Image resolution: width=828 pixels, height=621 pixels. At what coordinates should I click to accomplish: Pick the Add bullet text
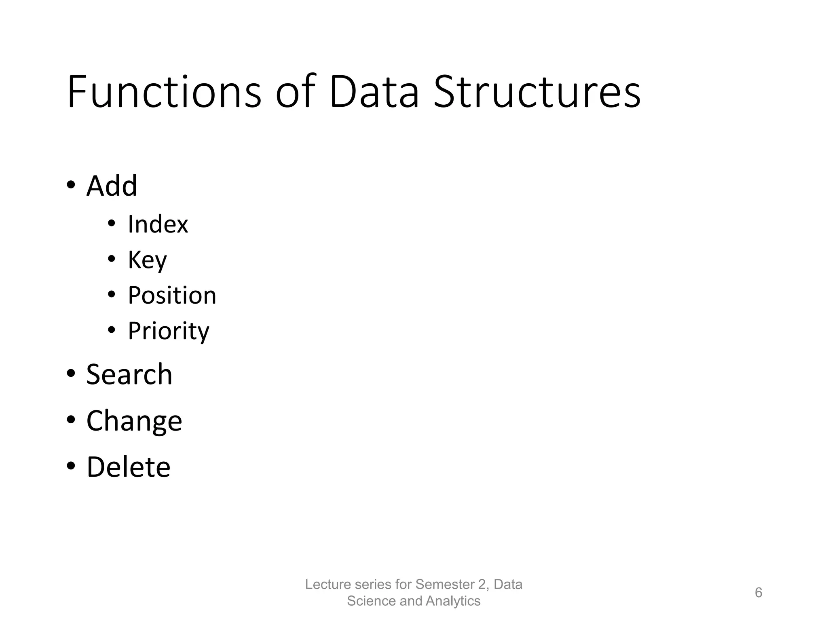(112, 186)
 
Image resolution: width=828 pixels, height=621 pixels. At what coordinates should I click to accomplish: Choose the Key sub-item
(147, 260)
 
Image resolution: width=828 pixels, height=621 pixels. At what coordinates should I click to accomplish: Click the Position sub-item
(172, 295)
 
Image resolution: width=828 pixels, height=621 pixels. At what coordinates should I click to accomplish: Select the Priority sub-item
(168, 331)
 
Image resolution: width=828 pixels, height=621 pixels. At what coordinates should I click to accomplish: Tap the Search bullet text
(129, 374)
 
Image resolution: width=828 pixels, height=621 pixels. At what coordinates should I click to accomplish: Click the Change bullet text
(134, 421)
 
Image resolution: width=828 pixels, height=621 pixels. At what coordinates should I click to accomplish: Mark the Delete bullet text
(129, 467)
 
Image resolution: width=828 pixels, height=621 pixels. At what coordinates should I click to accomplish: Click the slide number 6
(758, 593)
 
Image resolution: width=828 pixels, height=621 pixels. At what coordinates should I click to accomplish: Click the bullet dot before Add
(71, 185)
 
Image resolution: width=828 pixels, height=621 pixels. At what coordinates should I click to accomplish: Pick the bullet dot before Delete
(71, 466)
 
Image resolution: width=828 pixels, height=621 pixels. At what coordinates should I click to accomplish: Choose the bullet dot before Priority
(112, 330)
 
